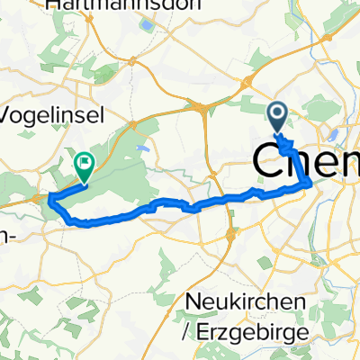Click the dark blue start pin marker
[277, 116]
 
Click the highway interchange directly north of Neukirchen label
[232, 236]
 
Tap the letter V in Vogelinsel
[10, 115]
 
